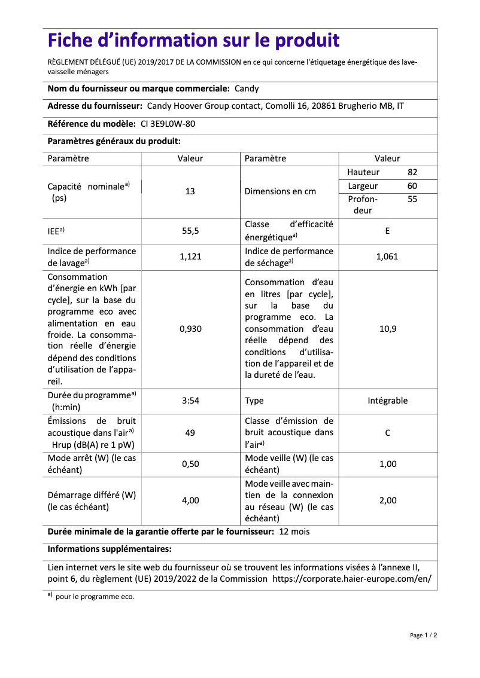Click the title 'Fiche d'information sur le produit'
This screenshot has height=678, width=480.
point(193,41)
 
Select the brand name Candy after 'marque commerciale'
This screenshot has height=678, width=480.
point(247,88)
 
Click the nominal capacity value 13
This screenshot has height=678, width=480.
point(190,191)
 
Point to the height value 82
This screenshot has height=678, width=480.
point(412,172)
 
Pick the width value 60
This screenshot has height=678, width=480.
point(412,186)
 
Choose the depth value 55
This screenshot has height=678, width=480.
point(412,199)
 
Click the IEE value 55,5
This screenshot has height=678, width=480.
point(190,230)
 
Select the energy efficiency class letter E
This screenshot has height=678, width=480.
point(387,230)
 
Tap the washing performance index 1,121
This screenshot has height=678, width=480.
point(190,256)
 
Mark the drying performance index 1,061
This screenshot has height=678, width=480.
point(387,256)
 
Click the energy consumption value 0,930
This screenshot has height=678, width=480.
point(190,329)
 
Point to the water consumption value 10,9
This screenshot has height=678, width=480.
point(387,329)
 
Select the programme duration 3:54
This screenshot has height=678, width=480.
point(190,401)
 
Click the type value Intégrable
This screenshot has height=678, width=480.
point(387,401)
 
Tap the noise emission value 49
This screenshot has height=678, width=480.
point(190,432)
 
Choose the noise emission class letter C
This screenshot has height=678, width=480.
point(387,432)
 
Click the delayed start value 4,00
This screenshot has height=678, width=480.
point(190,500)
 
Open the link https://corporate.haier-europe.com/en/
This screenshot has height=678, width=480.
point(351,579)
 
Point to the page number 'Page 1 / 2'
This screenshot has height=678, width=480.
point(423,635)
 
